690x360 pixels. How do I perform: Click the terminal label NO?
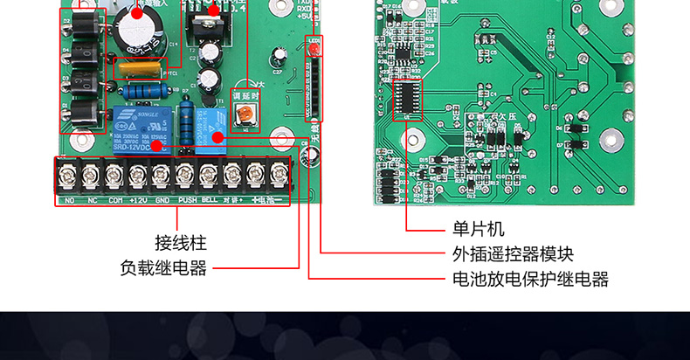pyautogui.click(x=69, y=200)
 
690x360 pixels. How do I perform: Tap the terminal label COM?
pyautogui.click(x=114, y=200)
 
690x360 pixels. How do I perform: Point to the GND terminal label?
pyautogui.click(x=162, y=200)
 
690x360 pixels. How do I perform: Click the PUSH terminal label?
pyautogui.click(x=187, y=200)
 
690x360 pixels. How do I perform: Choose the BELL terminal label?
pyautogui.click(x=210, y=200)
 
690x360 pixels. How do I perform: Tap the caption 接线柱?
pyautogui.click(x=181, y=243)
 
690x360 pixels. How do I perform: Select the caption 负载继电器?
pyautogui.click(x=163, y=268)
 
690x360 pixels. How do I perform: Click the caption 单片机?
pyautogui.click(x=478, y=230)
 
